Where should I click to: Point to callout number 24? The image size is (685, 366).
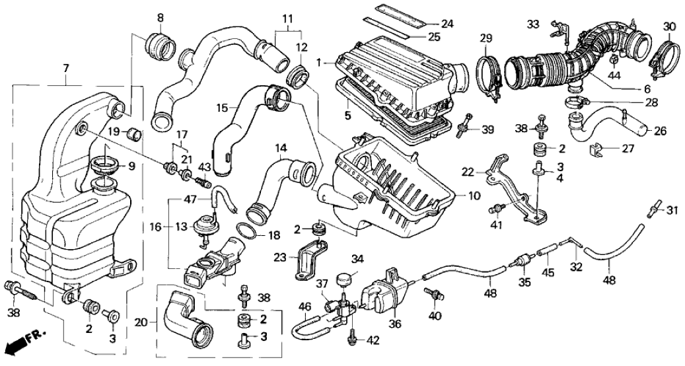tap(447, 24)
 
